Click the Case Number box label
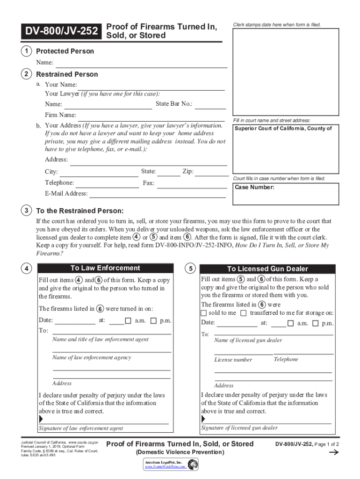255,188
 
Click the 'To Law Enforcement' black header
105,269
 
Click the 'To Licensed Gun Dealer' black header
267,269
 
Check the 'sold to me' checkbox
203,313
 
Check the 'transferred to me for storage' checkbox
244,313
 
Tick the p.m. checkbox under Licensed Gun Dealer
315,323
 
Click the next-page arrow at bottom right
334,453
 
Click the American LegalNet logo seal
193,464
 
